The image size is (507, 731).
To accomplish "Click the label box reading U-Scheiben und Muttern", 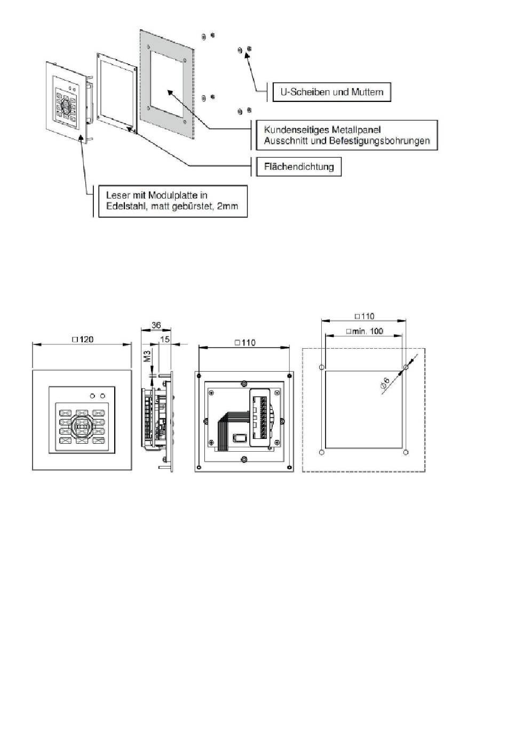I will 331,92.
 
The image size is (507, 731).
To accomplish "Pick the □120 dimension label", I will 83,339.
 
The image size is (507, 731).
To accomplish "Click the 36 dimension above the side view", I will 156,325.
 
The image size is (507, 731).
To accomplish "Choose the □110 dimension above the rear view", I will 245,342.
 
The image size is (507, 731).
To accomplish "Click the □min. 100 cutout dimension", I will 365,331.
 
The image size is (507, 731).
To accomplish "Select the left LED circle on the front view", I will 92,396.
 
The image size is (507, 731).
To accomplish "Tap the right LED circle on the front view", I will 102,396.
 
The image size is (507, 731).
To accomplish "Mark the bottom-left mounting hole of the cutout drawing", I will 321,452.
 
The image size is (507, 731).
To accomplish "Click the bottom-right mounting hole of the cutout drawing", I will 406,452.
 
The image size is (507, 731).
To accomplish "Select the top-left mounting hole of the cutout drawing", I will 321,367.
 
